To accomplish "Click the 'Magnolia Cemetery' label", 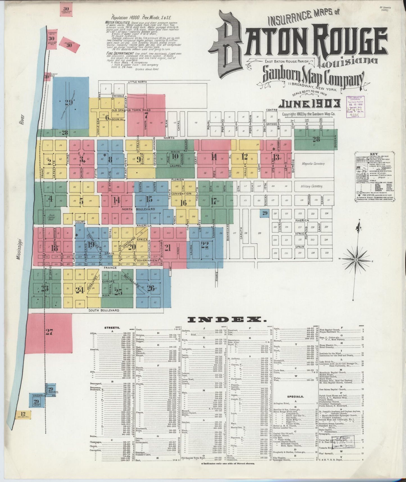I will tap(313, 164).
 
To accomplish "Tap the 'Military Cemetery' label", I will tap(312, 186).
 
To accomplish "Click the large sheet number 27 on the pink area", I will tap(49, 332).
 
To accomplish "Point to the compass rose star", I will tap(356, 260).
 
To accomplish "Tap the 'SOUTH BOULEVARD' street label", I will tap(104, 310).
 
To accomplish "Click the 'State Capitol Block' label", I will tap(51, 217).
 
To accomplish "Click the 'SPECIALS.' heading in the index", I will tap(295, 397).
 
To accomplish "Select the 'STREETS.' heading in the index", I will tap(112, 328).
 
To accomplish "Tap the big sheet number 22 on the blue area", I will tap(205, 245).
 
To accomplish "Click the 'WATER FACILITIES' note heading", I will tap(117, 22).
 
